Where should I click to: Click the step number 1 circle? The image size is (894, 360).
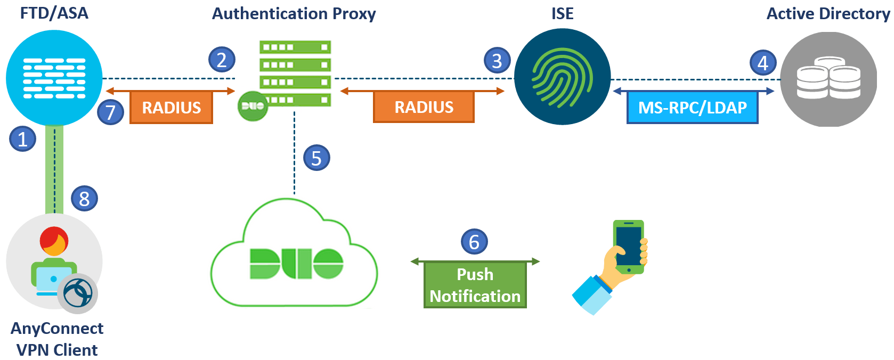[23, 139]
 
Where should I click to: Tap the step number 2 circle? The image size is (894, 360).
[222, 60]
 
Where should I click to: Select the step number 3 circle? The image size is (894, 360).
[497, 61]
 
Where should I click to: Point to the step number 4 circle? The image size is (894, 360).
[763, 63]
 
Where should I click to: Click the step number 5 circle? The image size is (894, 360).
[316, 158]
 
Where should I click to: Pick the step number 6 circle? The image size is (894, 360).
[474, 242]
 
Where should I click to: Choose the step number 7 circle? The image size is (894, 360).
[111, 112]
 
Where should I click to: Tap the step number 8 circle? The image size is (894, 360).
[84, 199]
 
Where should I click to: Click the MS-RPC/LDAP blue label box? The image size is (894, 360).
[692, 108]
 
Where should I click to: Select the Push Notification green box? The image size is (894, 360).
[475, 285]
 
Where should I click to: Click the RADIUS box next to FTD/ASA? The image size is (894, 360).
[171, 108]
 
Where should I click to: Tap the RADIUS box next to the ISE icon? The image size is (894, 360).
[424, 107]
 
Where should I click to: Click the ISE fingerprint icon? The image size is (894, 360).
[562, 77]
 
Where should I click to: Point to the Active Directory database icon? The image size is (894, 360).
[828, 79]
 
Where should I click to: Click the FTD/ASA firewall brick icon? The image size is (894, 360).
[54, 78]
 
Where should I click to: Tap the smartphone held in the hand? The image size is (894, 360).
[629, 246]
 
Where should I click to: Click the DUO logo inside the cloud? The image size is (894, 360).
[296, 263]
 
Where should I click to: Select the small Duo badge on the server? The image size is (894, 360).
[253, 105]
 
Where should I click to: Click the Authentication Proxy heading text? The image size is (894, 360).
[294, 13]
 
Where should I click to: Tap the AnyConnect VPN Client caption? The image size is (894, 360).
[57, 339]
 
